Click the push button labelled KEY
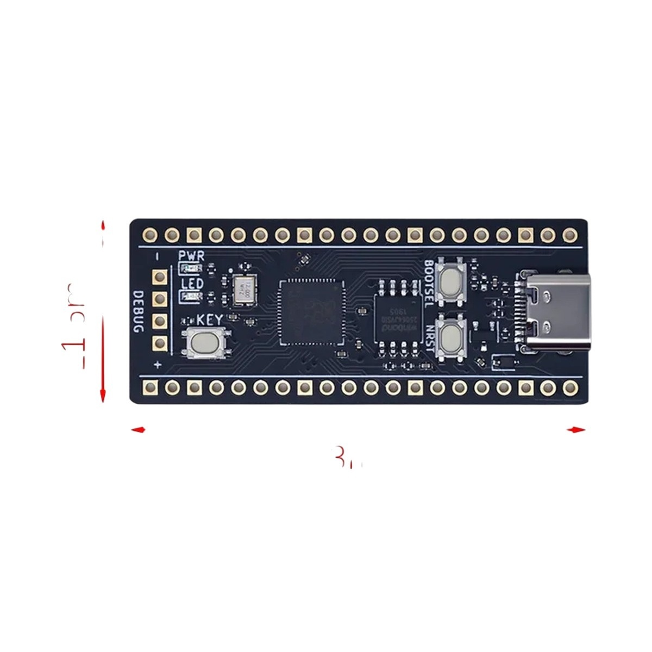point(202,343)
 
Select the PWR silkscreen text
point(191,255)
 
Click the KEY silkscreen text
point(209,319)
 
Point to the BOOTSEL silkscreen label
point(428,283)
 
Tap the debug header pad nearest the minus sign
point(160,277)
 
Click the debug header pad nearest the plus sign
point(160,342)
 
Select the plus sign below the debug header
point(158,365)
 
